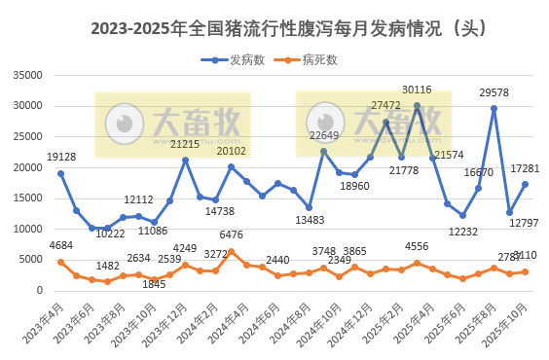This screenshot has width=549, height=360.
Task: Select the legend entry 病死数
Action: [319, 59]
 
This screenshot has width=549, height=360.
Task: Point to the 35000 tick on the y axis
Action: [28, 75]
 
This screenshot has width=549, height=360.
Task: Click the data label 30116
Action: [417, 90]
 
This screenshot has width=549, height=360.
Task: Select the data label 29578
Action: [494, 93]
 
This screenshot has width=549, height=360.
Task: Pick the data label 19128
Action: [61, 157]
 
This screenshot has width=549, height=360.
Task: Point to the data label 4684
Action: [60, 246]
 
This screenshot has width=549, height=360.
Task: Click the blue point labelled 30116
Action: [417, 105]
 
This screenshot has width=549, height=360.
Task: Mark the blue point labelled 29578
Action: [494, 109]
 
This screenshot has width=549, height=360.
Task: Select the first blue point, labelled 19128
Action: [60, 173]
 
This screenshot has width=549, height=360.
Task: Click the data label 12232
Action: [463, 231]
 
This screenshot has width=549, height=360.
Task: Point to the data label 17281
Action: [525, 169]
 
